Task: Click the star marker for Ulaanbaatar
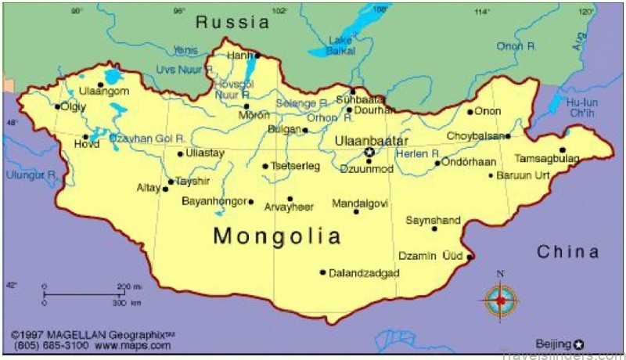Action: pyautogui.click(x=369, y=152)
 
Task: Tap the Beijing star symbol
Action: pyautogui.click(x=579, y=344)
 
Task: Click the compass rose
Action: pyautogui.click(x=500, y=299)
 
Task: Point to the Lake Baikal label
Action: pyautogui.click(x=340, y=45)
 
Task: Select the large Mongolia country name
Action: pyautogui.click(x=277, y=236)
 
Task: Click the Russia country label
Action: pyautogui.click(x=232, y=22)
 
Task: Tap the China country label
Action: pyautogui.click(x=568, y=252)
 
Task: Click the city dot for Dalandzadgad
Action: pyautogui.click(x=322, y=272)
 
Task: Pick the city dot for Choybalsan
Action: pyautogui.click(x=508, y=136)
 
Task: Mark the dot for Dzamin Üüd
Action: pyautogui.click(x=469, y=257)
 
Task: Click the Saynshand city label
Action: pyautogui.click(x=433, y=221)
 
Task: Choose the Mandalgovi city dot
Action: pyautogui.click(x=356, y=211)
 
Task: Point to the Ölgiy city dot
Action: pyautogui.click(x=57, y=106)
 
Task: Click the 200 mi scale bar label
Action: pyautogui.click(x=129, y=286)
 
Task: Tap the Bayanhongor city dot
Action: pyautogui.click(x=250, y=202)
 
